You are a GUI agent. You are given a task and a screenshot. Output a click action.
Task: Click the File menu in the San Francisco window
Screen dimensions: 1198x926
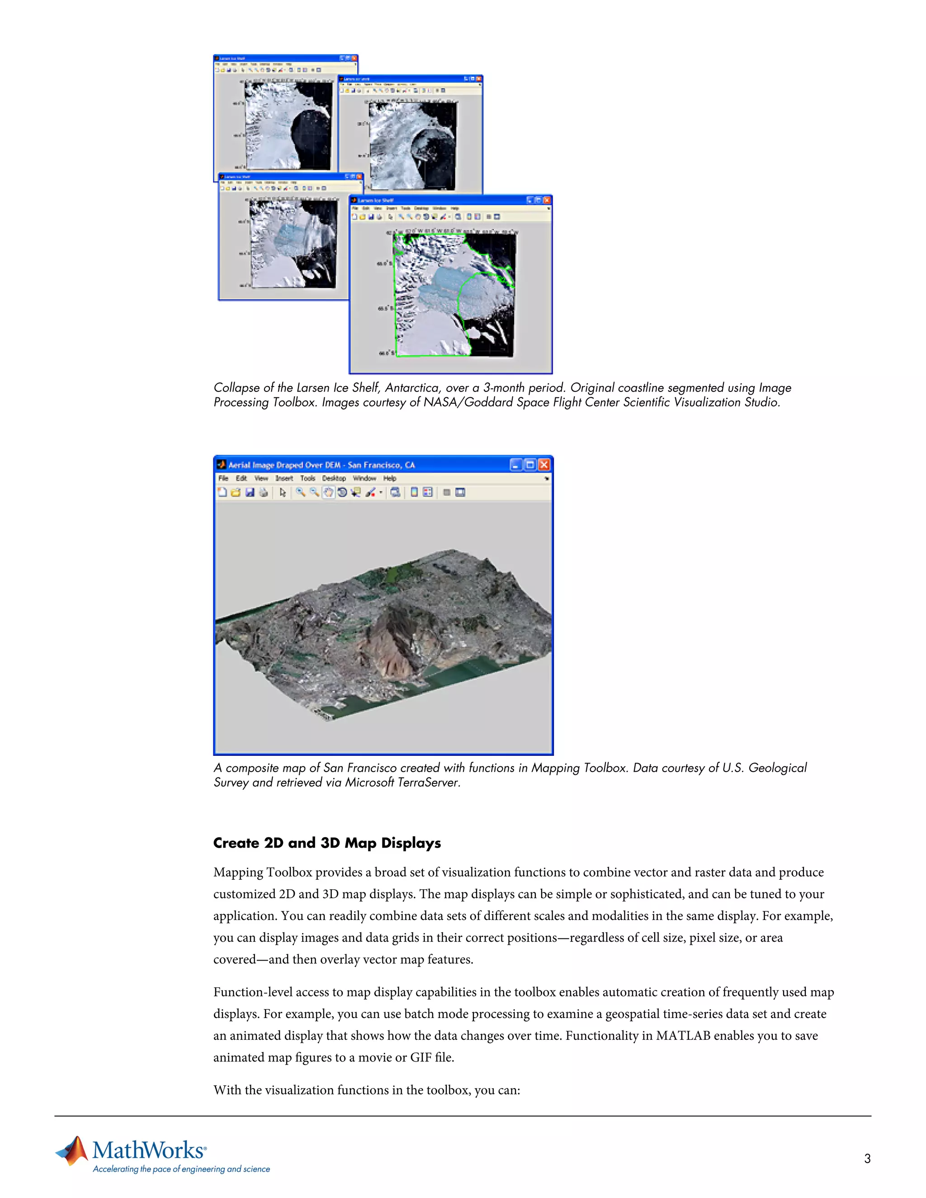tap(223, 478)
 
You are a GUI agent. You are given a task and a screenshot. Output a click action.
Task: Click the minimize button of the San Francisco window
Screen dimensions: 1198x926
tap(515, 465)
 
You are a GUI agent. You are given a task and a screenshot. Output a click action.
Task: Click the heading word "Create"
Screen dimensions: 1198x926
tap(236, 843)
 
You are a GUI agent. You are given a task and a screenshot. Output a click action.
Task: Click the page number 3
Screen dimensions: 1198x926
tap(867, 1159)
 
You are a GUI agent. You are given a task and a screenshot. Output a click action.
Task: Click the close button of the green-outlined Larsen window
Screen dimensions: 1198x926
tap(546, 200)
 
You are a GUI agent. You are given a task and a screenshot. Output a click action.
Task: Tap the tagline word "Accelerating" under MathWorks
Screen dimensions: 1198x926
tap(115, 1169)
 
